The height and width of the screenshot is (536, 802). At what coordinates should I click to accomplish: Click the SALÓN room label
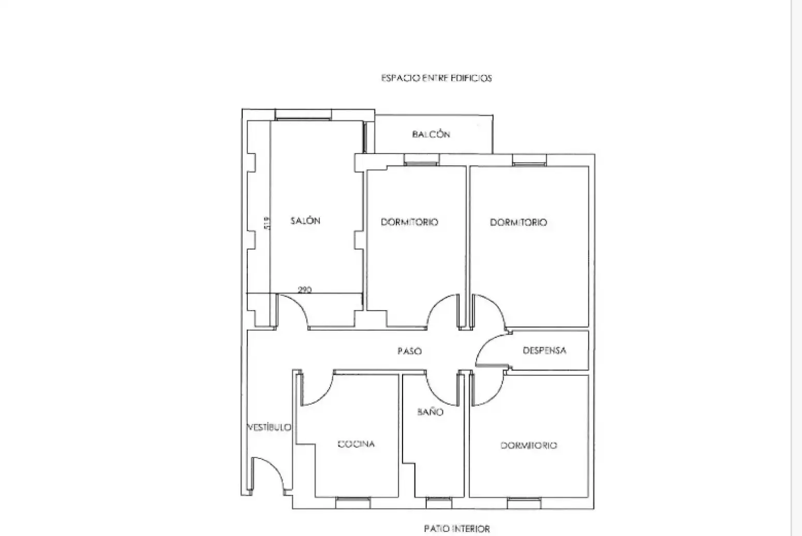(x=305, y=221)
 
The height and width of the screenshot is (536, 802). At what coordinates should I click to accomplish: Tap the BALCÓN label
(x=431, y=134)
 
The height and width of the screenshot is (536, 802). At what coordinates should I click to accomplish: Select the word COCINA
(x=357, y=444)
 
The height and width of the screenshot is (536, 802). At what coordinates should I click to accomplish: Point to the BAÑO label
(x=430, y=412)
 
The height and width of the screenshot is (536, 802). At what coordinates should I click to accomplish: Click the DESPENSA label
(x=544, y=350)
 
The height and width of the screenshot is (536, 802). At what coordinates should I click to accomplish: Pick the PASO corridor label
(x=410, y=351)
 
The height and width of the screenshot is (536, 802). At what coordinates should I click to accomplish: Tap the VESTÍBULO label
(x=270, y=427)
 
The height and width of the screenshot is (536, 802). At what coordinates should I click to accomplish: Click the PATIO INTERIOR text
(x=457, y=528)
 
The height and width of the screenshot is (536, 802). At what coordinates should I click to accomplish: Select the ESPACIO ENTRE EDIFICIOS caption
(x=437, y=78)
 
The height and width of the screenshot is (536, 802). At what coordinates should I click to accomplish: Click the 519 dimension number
(x=267, y=223)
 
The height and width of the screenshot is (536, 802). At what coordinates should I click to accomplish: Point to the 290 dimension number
(x=305, y=289)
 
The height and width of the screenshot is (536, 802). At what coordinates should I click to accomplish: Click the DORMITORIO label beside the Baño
(x=529, y=446)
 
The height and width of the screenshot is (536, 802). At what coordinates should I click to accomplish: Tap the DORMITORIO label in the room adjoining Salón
(x=410, y=222)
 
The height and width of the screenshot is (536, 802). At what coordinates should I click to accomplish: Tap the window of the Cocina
(x=353, y=502)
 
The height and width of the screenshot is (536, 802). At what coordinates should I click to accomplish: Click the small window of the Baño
(x=439, y=502)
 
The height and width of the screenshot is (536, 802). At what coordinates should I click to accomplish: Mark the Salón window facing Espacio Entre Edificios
(x=303, y=115)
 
